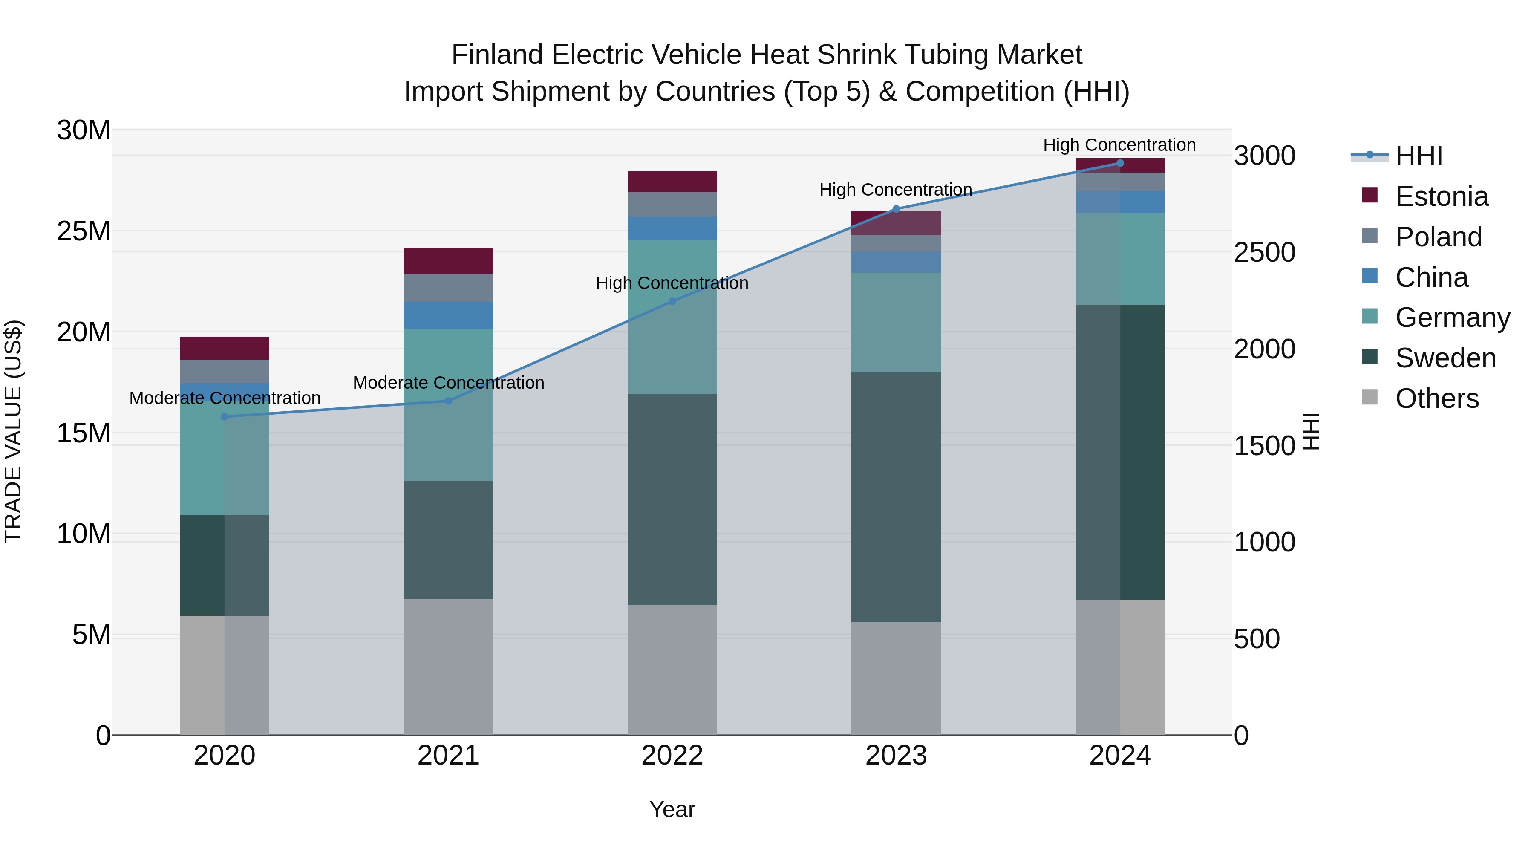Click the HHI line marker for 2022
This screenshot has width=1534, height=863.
click(x=672, y=301)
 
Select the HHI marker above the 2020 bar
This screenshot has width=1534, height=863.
click(x=225, y=417)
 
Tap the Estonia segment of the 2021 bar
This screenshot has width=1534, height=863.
click(x=448, y=260)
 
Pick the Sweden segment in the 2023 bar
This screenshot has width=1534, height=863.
click(x=896, y=497)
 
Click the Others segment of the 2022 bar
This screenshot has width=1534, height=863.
click(x=672, y=670)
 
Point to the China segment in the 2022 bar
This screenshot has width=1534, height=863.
click(x=672, y=229)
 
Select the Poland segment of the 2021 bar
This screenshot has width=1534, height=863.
click(x=448, y=288)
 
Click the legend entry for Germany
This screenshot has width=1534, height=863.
click(x=1453, y=317)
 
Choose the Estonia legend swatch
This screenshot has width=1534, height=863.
click(x=1370, y=195)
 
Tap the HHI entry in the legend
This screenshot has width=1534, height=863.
click(x=1419, y=156)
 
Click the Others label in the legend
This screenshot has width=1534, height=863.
click(x=1436, y=398)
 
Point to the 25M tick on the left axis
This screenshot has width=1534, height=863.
click(x=84, y=231)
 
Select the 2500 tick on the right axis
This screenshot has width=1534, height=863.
click(x=1264, y=253)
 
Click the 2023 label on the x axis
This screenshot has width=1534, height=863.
click(x=896, y=756)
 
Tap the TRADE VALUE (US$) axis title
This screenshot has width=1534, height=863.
click(x=13, y=432)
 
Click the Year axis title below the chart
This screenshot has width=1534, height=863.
click(x=672, y=809)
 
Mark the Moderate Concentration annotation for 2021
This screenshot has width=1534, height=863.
click(x=448, y=382)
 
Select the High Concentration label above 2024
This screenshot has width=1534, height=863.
click(x=1119, y=145)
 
